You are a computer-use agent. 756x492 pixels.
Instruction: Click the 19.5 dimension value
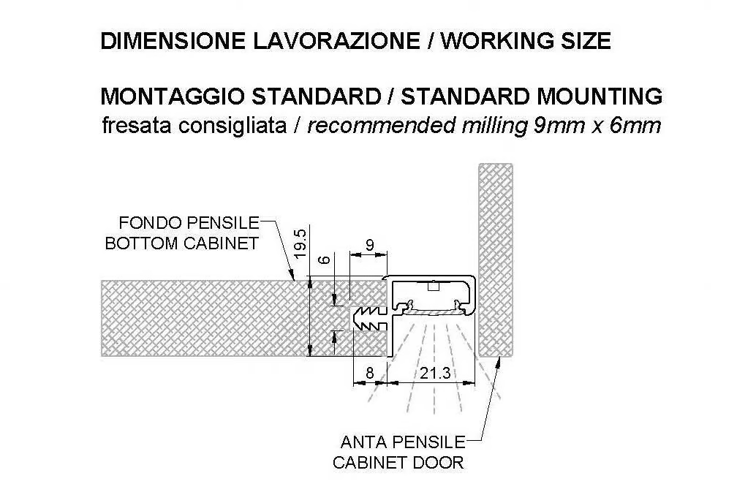pos(300,243)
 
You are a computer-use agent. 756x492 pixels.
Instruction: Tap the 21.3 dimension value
pos(435,373)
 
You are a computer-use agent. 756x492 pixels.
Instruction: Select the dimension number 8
pos(370,373)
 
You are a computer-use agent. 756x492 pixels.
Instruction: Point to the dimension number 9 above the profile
pos(369,245)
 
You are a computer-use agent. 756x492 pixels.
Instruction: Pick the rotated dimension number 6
pos(325,260)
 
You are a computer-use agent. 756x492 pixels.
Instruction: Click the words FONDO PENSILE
pos(189,223)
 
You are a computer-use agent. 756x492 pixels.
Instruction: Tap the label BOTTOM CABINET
pos(182,243)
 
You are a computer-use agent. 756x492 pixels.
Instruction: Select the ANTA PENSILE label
pos(403,442)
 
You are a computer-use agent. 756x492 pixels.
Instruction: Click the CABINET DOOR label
pos(398,463)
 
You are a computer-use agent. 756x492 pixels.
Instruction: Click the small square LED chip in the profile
pos(433,287)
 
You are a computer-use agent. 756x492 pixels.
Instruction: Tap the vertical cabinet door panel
pos(495,260)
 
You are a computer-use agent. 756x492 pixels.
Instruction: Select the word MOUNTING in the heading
pos(599,96)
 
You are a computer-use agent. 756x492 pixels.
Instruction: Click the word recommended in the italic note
pos(382,126)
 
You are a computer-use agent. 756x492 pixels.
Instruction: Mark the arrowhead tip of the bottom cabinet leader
pos(294,280)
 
